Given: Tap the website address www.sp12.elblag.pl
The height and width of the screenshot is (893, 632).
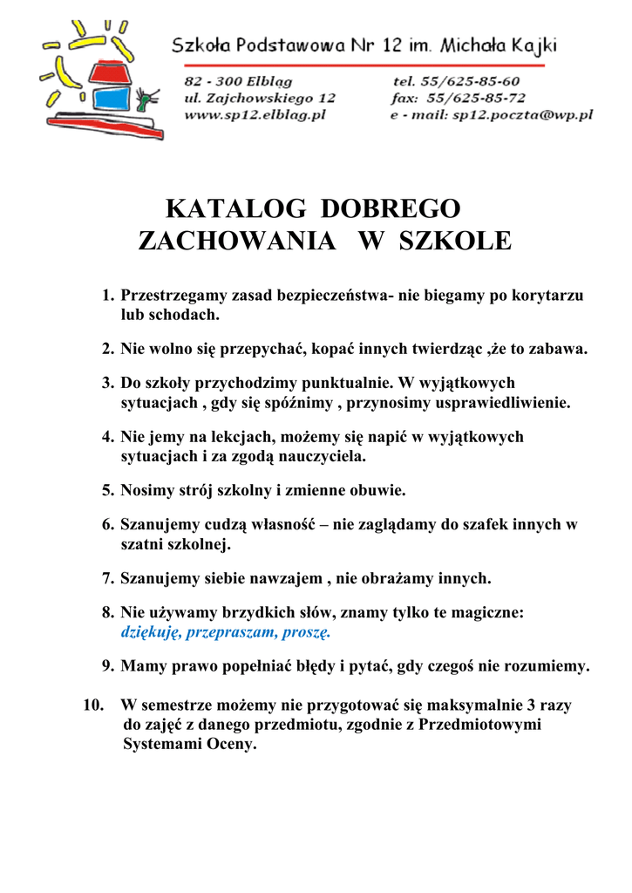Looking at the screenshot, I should point(255,114).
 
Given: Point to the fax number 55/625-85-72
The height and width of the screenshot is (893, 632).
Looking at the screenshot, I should point(483,98).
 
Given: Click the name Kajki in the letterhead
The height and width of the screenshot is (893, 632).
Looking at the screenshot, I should point(532,44).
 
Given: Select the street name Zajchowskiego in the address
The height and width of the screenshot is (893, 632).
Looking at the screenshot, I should point(260,98).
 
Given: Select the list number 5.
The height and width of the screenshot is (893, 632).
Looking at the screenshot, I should point(108,491).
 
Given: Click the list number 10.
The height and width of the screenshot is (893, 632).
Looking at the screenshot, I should point(93,705).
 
